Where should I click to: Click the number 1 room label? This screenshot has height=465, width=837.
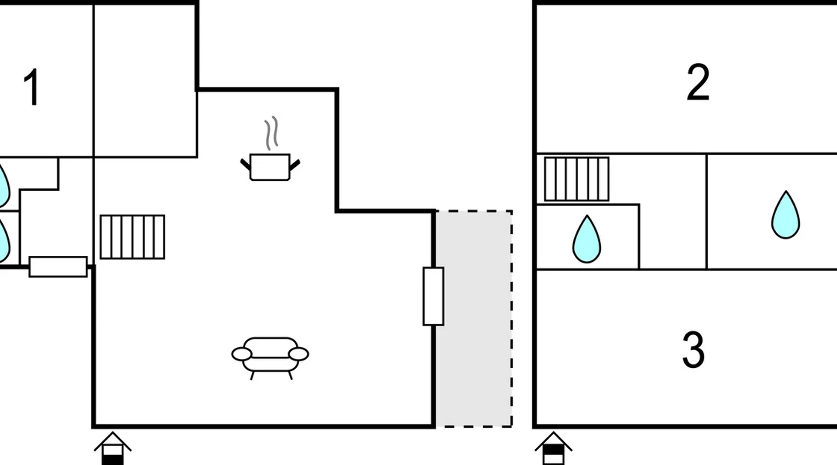pyautogui.click(x=31, y=87)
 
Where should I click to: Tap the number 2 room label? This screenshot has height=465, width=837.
pyautogui.click(x=697, y=83)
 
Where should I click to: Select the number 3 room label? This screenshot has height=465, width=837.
pyautogui.click(x=693, y=350)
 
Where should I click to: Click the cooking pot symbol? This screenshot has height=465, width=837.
pyautogui.click(x=270, y=167)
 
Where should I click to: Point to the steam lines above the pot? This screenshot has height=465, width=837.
pyautogui.click(x=272, y=133)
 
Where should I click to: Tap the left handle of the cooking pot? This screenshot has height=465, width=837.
pyautogui.click(x=245, y=164)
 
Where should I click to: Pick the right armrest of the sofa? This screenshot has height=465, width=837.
pyautogui.click(x=299, y=354)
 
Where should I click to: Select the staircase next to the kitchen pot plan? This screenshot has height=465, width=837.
pyautogui.click(x=133, y=237)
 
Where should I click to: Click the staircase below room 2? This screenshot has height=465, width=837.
pyautogui.click(x=577, y=179)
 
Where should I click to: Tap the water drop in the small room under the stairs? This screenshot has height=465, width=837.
pyautogui.click(x=586, y=239)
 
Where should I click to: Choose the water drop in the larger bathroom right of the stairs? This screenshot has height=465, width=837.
pyautogui.click(x=785, y=215)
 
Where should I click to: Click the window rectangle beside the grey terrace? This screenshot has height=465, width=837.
pyautogui.click(x=433, y=296)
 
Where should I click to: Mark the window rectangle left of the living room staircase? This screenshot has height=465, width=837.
pyautogui.click(x=58, y=267)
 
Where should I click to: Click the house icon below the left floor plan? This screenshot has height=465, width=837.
pyautogui.click(x=113, y=449)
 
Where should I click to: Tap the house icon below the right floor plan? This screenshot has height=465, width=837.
pyautogui.click(x=553, y=448)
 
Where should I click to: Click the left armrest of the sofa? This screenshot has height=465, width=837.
pyautogui.click(x=242, y=354)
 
